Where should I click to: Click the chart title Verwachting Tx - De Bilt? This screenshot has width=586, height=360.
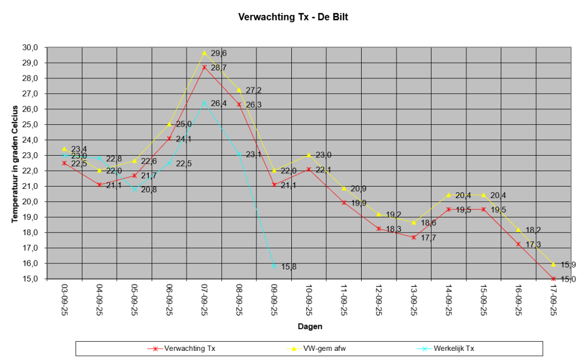pyautogui.click(x=293, y=18)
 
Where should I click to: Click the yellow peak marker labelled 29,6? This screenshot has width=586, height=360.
pyautogui.click(x=204, y=53)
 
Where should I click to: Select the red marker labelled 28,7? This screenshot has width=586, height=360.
pyautogui.click(x=204, y=67)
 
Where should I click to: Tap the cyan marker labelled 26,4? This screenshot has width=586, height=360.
pyautogui.click(x=204, y=102)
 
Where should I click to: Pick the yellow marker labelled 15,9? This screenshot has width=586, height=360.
pyautogui.click(x=553, y=264)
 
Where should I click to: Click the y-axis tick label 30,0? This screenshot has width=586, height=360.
pyautogui.click(x=31, y=47)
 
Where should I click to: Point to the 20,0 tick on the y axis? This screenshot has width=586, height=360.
pyautogui.click(x=31, y=201)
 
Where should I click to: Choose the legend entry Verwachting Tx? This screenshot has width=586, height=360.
pyautogui.click(x=183, y=348)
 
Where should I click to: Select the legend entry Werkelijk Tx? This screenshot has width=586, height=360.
pyautogui.click(x=453, y=348)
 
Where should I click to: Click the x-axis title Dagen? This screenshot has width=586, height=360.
pyautogui.click(x=310, y=327)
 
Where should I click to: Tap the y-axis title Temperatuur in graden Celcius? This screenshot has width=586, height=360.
pyautogui.click(x=14, y=163)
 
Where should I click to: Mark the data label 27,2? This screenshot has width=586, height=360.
pyautogui.click(x=254, y=90)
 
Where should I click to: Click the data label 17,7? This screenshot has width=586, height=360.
pyautogui.click(x=428, y=238)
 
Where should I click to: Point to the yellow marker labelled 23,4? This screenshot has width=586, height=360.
pyautogui.click(x=65, y=149)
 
